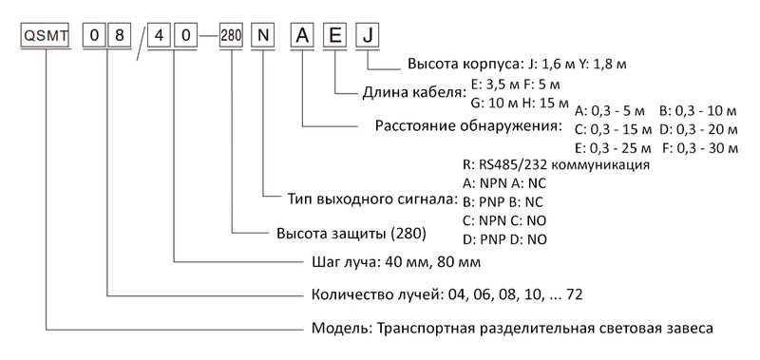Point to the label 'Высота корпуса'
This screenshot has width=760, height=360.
point(463,67)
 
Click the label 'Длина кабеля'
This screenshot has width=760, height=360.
point(415,94)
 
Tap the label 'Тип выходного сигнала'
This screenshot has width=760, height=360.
point(372,200)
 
